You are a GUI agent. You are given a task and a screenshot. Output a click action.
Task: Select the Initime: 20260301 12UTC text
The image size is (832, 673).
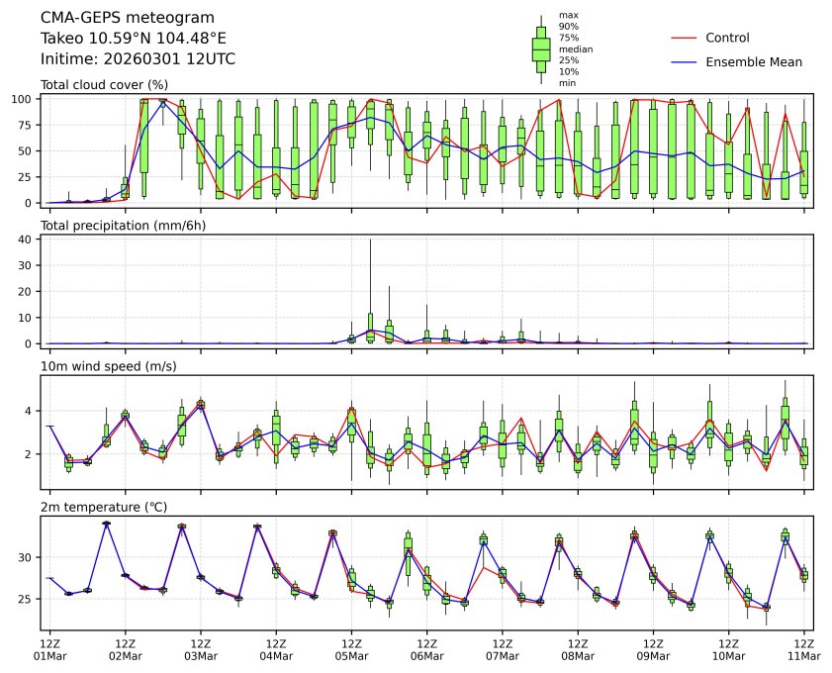point(138,59)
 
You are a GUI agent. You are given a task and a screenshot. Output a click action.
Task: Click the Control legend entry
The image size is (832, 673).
point(727,38)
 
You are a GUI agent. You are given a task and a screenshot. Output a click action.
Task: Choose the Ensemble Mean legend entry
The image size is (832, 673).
point(753,61)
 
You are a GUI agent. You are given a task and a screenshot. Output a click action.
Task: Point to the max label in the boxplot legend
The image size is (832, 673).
point(568,15)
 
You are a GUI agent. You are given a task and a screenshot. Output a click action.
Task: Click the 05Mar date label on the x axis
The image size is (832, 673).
point(351,655)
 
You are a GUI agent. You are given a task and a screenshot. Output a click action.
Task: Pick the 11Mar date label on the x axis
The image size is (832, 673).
point(803,655)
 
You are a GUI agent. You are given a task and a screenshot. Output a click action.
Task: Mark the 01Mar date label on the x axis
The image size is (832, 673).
point(49,655)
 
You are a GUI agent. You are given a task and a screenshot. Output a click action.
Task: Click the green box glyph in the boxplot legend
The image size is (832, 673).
point(541,48)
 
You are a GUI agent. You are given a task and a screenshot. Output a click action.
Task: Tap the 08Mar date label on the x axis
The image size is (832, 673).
point(578,655)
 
